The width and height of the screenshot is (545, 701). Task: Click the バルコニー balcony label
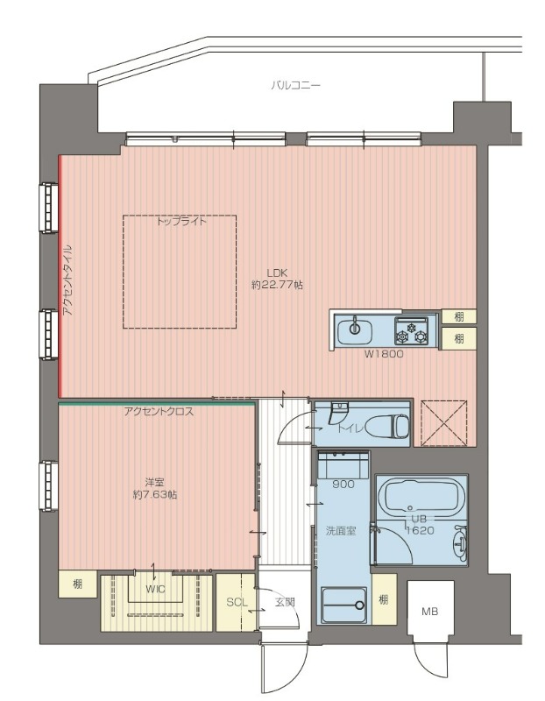click(x=295, y=85)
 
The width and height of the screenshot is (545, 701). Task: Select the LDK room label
click(x=277, y=273)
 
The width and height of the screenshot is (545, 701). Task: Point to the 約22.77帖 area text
click(x=277, y=285)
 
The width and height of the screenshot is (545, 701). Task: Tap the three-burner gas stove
click(x=411, y=330)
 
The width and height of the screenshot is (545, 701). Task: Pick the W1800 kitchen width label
click(x=384, y=354)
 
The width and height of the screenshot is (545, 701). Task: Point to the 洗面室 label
click(x=341, y=531)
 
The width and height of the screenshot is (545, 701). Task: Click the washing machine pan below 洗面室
click(x=344, y=605)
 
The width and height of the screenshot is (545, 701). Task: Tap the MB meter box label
click(x=429, y=611)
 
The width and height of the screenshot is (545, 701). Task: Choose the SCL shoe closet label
click(x=237, y=602)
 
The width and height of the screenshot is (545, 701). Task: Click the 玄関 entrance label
click(x=285, y=602)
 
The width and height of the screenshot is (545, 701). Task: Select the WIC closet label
click(x=155, y=589)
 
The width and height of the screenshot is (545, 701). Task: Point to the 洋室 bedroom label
click(x=155, y=483)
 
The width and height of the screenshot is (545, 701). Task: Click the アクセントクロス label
click(x=159, y=412)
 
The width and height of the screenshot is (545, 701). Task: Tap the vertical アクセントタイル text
click(x=67, y=280)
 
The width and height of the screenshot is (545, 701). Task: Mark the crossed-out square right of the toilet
click(x=444, y=423)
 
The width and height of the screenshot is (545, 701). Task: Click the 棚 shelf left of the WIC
click(x=77, y=584)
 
